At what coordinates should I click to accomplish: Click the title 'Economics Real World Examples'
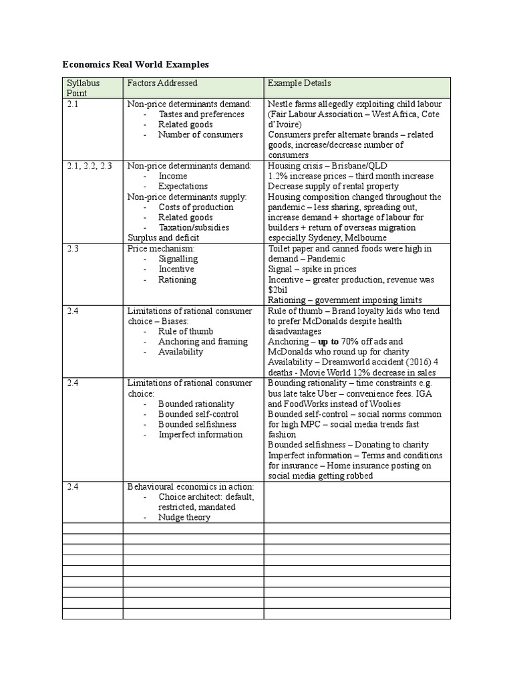pos(136,65)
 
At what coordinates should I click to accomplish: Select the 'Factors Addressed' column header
pos(162,83)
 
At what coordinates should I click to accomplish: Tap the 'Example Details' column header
pos(299,83)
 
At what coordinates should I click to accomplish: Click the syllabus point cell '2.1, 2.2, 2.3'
pos(90,166)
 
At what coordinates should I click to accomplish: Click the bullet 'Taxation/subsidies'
pos(193,227)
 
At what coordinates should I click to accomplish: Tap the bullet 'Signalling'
pos(178,259)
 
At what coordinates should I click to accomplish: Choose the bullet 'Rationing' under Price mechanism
pos(177,280)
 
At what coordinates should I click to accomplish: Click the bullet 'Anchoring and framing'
pos(202,342)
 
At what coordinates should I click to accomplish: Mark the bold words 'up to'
pos(328,342)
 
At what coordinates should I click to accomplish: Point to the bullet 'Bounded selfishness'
pos(198,424)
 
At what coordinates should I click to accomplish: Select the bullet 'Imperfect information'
pos(200,435)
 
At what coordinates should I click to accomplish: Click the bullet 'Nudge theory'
pos(184,517)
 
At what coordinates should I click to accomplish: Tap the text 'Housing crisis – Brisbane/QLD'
pos(327,166)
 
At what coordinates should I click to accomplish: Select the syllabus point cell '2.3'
pos(73,248)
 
